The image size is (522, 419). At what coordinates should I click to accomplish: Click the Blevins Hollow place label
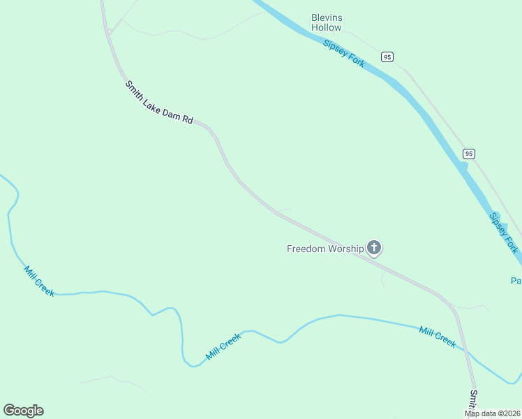[327, 22]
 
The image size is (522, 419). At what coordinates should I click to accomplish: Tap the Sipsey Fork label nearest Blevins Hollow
[344, 53]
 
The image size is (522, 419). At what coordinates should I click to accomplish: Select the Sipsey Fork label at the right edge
[503, 233]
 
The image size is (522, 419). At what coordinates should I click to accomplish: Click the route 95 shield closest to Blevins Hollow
[387, 56]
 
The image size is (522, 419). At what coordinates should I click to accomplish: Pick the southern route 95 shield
[468, 154]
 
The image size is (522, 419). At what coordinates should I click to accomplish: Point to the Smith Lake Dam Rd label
[158, 103]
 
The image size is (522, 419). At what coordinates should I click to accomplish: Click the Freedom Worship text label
[325, 249]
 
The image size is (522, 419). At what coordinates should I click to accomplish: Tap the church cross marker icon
[375, 247]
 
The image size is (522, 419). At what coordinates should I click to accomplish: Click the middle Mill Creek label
[223, 346]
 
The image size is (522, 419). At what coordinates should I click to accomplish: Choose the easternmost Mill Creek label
[438, 336]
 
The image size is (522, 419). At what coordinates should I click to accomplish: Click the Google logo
[23, 411]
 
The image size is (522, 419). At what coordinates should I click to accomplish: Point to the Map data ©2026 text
[493, 413]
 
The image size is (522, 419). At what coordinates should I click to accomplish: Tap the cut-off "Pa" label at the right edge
[516, 281]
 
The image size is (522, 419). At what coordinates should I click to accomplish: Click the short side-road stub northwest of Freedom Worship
[285, 209]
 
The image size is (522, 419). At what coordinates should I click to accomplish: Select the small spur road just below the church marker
[383, 279]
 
